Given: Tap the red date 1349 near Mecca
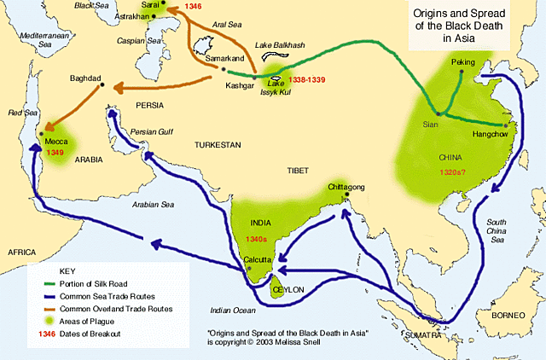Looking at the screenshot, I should pyautogui.click(x=55, y=151).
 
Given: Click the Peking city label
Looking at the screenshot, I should pyautogui.click(x=466, y=63).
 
